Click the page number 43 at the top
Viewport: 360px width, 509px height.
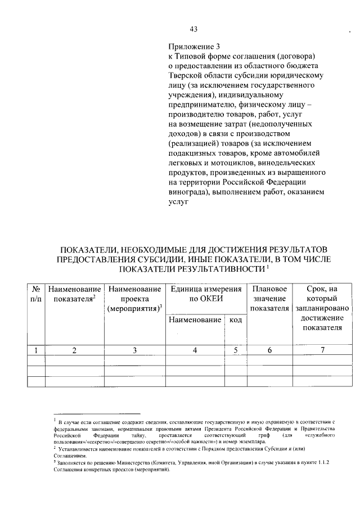[193, 29]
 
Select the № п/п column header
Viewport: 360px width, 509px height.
[36, 293]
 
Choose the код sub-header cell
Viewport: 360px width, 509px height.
[235, 320]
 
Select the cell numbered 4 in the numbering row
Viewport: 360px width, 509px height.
[194, 350]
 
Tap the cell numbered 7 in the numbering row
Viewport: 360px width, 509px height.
[322, 350]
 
